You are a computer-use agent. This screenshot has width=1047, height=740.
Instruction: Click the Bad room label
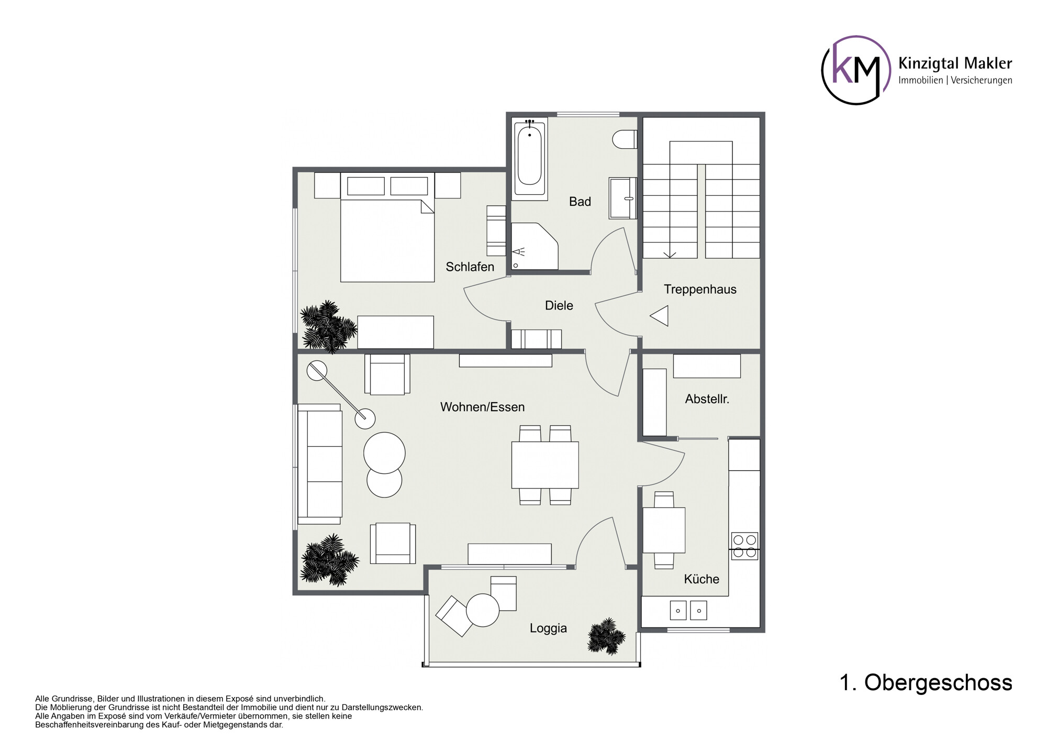[580, 202]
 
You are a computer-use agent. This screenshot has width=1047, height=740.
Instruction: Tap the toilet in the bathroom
[625, 139]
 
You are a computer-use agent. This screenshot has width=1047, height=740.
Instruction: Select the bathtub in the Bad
[529, 159]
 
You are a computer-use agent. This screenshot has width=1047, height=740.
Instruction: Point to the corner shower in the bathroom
[534, 246]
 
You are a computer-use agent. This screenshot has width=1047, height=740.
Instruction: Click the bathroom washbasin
[623, 198]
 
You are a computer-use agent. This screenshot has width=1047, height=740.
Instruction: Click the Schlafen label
[470, 267]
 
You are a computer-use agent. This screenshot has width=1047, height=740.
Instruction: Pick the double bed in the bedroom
[387, 227]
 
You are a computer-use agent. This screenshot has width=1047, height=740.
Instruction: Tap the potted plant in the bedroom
[328, 326]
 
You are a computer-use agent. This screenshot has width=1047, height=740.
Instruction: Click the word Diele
[559, 305]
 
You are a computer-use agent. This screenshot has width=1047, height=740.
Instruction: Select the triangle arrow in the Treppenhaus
[660, 316]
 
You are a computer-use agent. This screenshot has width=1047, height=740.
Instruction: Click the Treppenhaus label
[700, 290]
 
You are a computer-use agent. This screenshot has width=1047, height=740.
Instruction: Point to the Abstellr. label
[707, 399]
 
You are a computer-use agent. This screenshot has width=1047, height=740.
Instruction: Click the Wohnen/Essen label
[482, 407]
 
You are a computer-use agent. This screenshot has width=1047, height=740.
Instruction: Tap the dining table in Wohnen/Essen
[545, 465]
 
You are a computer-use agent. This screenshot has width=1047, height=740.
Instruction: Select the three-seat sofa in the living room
[320, 464]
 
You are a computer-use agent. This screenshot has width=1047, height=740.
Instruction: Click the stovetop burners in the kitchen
[744, 546]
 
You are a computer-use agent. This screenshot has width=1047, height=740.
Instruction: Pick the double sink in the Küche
[688, 611]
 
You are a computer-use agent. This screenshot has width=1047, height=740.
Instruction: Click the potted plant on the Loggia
[606, 636]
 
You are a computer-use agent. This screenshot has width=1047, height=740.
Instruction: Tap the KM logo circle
[856, 70]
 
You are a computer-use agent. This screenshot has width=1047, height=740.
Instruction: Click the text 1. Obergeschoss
[926, 683]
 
